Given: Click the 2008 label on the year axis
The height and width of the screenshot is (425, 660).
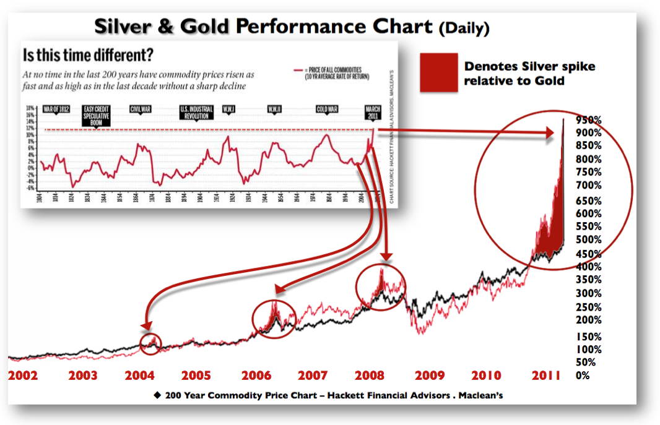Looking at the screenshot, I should click(370, 375).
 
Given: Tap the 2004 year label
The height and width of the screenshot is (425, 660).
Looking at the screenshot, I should click(140, 375).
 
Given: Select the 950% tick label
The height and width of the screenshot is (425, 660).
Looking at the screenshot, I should click(588, 119).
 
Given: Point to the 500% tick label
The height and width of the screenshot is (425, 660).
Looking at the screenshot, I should click(588, 239).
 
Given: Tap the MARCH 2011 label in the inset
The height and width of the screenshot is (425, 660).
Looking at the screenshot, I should click(373, 113).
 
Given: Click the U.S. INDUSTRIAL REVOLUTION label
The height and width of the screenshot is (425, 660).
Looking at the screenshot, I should click(196, 113).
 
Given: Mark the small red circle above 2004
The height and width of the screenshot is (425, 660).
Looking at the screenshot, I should click(150, 343).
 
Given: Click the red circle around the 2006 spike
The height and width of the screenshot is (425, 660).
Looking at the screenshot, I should click(274, 318).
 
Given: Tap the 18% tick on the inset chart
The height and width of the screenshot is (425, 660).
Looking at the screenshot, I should click(29, 108).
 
